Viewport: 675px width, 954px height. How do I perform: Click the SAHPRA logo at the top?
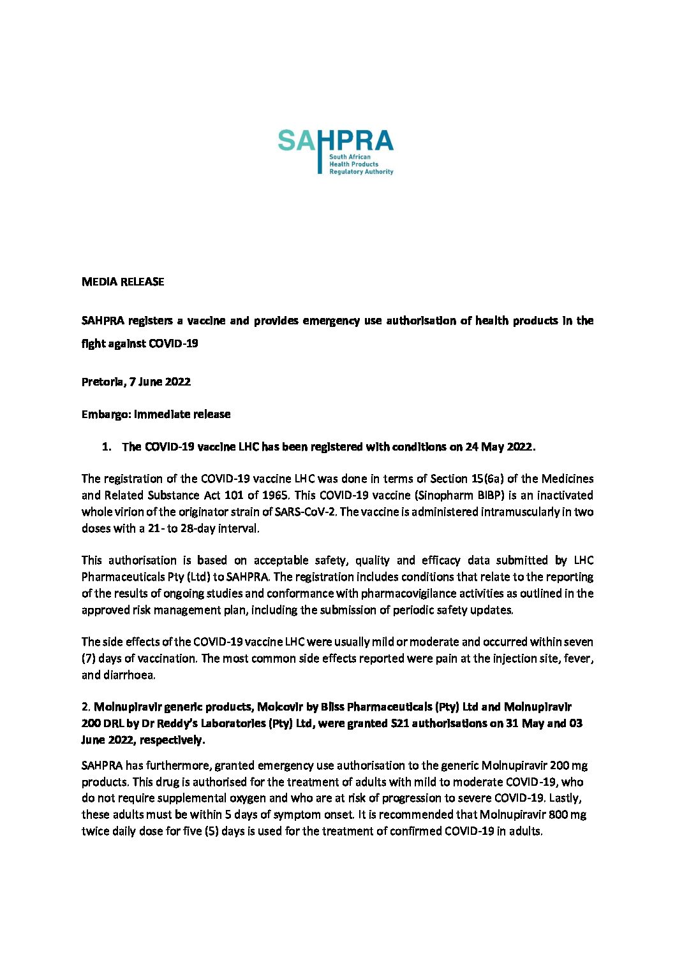tap(336, 152)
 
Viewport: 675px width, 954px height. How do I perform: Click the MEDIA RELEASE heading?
tap(122, 282)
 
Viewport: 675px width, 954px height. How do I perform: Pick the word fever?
tap(579, 658)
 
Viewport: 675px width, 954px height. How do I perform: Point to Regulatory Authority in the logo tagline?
tap(361, 171)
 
